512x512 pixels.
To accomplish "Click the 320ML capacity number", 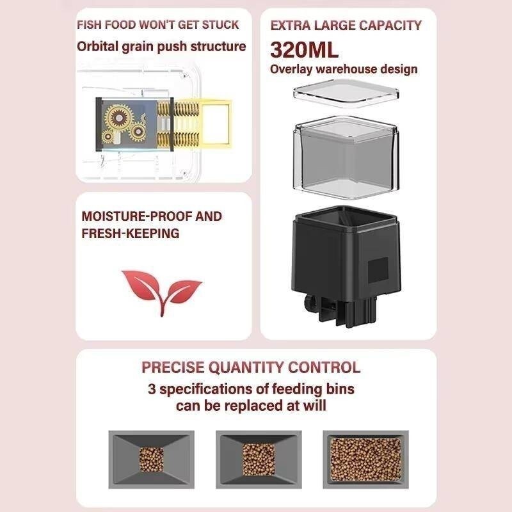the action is [x=304, y=50].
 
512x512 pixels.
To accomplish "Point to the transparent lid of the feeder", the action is [x=346, y=93].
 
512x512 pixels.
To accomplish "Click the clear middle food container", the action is [x=346, y=154].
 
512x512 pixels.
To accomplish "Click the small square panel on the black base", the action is [x=378, y=270].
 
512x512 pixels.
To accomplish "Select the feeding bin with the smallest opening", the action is [x=151, y=460].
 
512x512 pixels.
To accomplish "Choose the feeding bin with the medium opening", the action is [x=259, y=460].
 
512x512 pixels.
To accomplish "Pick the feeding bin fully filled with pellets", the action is [x=365, y=460].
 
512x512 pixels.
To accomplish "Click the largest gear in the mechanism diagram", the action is [x=118, y=117].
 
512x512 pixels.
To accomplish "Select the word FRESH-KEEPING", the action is [x=131, y=234].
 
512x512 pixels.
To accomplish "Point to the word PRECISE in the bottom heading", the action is [x=173, y=367].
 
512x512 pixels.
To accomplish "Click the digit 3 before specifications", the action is [x=152, y=389].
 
